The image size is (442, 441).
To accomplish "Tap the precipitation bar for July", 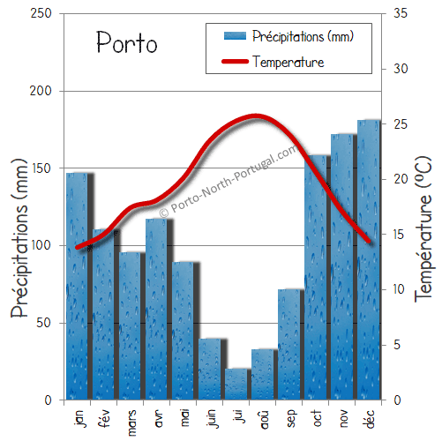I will coord(236,385).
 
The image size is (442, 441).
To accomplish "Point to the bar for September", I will coord(289,344).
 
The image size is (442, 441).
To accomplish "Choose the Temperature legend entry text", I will coord(288,62).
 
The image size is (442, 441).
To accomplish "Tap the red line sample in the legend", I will coord(234,62).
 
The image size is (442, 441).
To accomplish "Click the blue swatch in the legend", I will coord(234,36).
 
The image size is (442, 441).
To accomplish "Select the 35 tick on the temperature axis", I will coord(399,13).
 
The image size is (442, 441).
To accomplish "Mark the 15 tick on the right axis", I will coord(399,235).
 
